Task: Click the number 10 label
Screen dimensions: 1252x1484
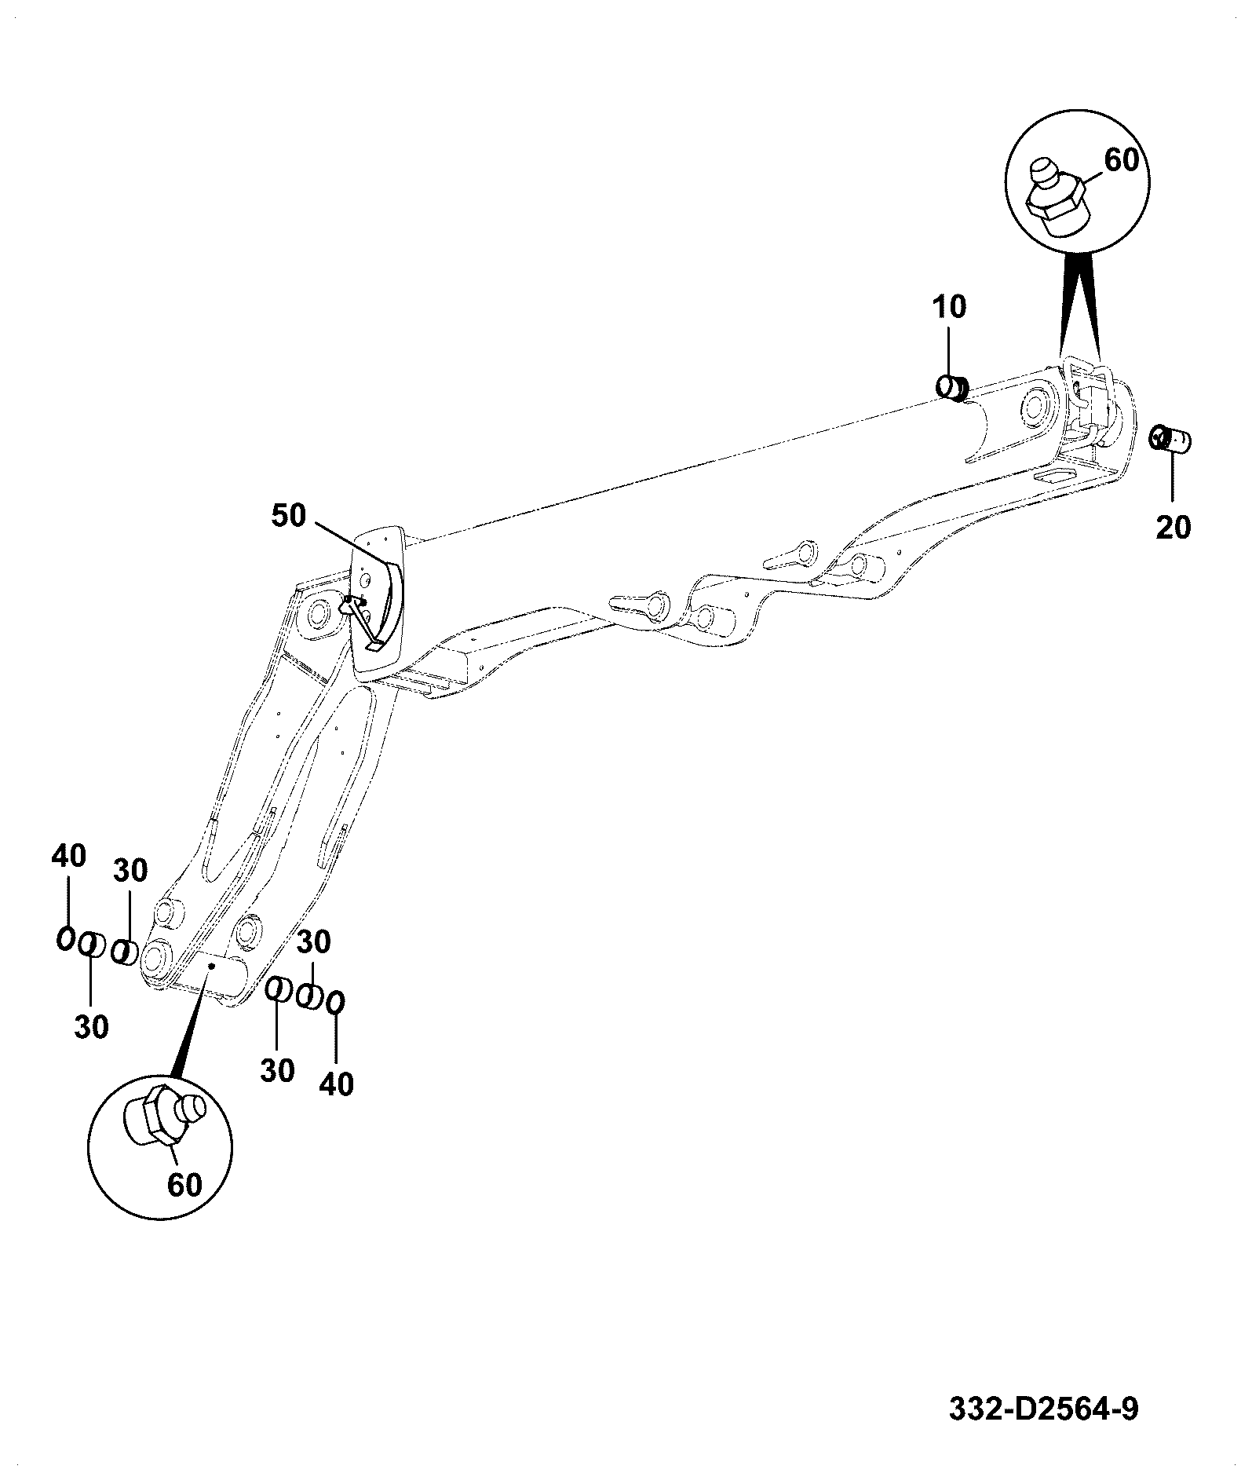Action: point(950,307)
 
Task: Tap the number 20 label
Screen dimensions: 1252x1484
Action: point(1173,528)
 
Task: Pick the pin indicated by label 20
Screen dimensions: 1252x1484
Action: point(1169,437)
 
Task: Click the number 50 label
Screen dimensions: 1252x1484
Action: point(290,517)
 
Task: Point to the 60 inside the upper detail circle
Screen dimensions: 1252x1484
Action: point(1122,160)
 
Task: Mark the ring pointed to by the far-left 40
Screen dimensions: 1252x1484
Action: point(65,938)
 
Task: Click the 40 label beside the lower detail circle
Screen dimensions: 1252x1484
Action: point(336,1084)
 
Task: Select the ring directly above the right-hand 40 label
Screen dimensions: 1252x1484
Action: point(336,1003)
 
